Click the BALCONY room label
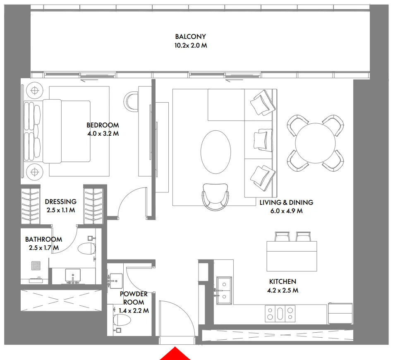pos(190,36)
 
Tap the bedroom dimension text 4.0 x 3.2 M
pos(103,134)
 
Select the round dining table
pos(315,143)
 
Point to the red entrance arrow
pos(175,354)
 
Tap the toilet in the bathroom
pos(87,249)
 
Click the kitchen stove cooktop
pos(280,313)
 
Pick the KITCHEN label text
pos(283,281)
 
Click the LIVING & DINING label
pos(286,202)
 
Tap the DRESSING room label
pos(60,202)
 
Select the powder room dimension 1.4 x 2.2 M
pos(133,310)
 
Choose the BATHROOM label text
pos(43,239)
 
